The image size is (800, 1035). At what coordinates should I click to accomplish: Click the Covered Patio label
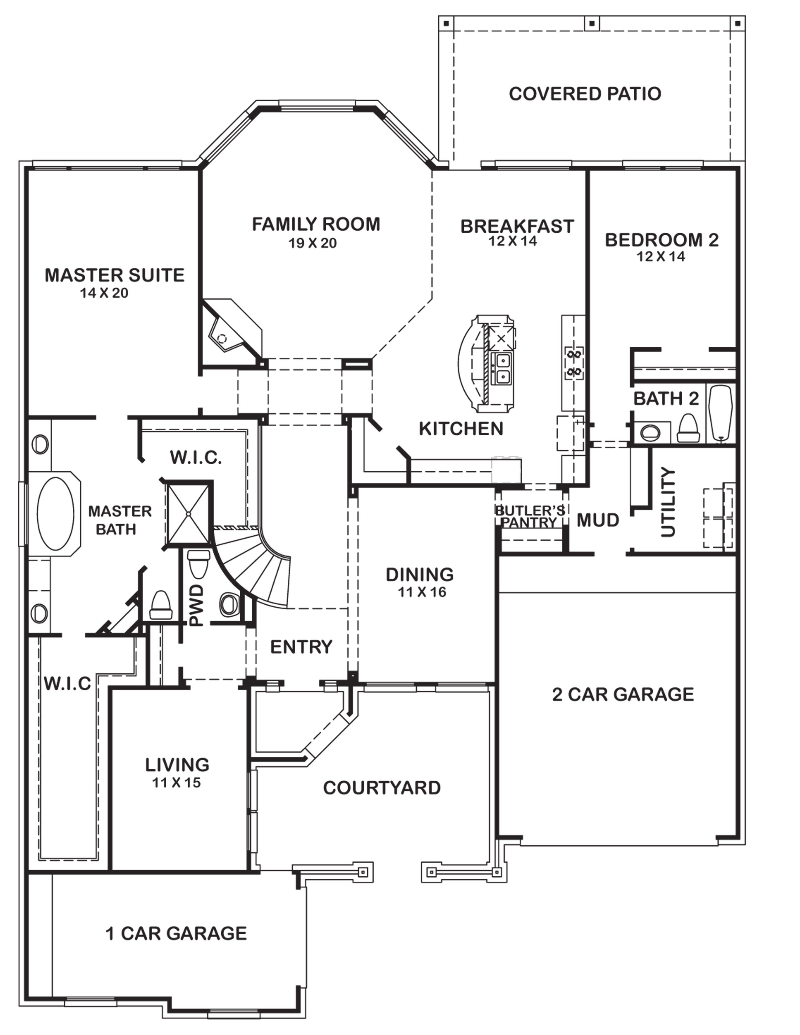[585, 94]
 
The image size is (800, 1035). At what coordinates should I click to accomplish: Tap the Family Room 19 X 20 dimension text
[313, 243]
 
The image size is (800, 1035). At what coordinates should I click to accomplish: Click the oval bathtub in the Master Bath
[56, 513]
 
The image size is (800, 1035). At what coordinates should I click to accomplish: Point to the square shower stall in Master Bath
[188, 513]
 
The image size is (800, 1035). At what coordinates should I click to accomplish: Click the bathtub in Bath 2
[719, 414]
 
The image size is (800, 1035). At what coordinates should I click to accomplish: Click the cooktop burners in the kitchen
[573, 362]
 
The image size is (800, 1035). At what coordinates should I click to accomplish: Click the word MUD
[598, 520]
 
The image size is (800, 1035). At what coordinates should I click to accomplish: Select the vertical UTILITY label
[668, 502]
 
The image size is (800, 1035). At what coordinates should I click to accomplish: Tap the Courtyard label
[382, 788]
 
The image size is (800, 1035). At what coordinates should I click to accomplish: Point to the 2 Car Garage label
[623, 694]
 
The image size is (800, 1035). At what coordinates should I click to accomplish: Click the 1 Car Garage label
[176, 934]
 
